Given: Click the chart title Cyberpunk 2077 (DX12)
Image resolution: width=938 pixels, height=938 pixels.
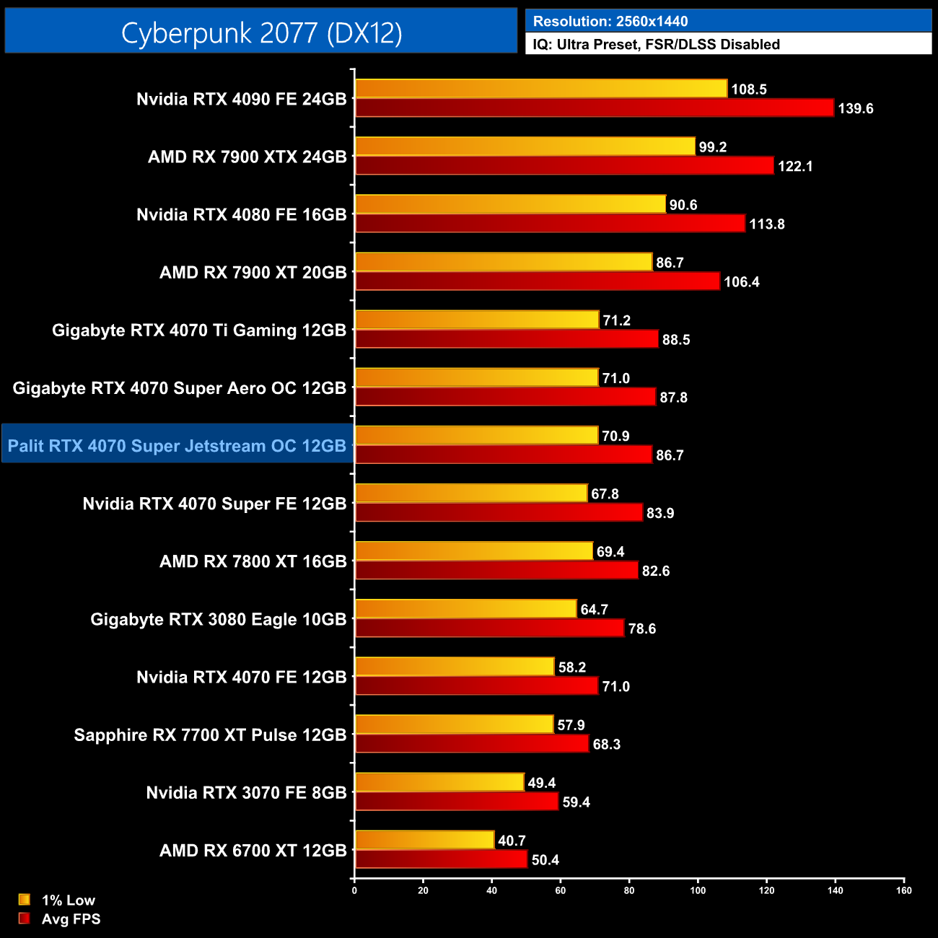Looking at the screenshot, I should (x=261, y=32).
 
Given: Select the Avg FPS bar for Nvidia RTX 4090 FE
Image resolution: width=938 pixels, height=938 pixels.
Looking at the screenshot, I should (x=595, y=108).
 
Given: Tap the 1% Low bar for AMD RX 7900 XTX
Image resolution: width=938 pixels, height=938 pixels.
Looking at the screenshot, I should (x=525, y=146).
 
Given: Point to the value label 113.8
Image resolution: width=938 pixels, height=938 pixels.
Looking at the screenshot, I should (x=766, y=224).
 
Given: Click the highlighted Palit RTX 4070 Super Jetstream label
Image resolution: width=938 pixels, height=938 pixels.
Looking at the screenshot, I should (x=177, y=446).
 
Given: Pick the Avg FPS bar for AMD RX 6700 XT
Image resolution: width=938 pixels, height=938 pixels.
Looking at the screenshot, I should (x=441, y=859).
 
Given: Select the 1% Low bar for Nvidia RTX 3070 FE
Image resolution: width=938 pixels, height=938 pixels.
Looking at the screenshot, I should (x=439, y=782).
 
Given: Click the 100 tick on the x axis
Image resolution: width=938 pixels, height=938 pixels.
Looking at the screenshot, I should (x=698, y=890).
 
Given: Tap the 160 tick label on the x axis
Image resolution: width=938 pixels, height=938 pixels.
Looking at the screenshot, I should (x=903, y=890).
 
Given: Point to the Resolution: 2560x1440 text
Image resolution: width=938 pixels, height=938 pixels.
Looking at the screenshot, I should (x=610, y=22).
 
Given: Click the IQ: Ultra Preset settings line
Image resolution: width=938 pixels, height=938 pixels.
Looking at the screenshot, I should (x=656, y=45).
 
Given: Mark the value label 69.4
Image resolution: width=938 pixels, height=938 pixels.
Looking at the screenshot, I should (x=610, y=552).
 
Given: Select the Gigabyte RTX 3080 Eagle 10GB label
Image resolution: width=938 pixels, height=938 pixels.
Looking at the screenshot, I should (x=219, y=619).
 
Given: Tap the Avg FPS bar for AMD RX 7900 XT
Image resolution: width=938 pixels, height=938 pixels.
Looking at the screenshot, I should (x=538, y=281).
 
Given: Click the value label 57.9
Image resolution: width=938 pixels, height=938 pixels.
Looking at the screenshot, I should (x=571, y=725).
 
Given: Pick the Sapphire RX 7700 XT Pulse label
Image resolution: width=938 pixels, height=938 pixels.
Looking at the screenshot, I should (x=210, y=735).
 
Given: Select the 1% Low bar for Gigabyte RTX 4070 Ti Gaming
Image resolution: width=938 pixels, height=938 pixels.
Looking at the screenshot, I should (x=477, y=320).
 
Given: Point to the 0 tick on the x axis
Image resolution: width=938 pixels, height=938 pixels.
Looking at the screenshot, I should (x=354, y=890).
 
